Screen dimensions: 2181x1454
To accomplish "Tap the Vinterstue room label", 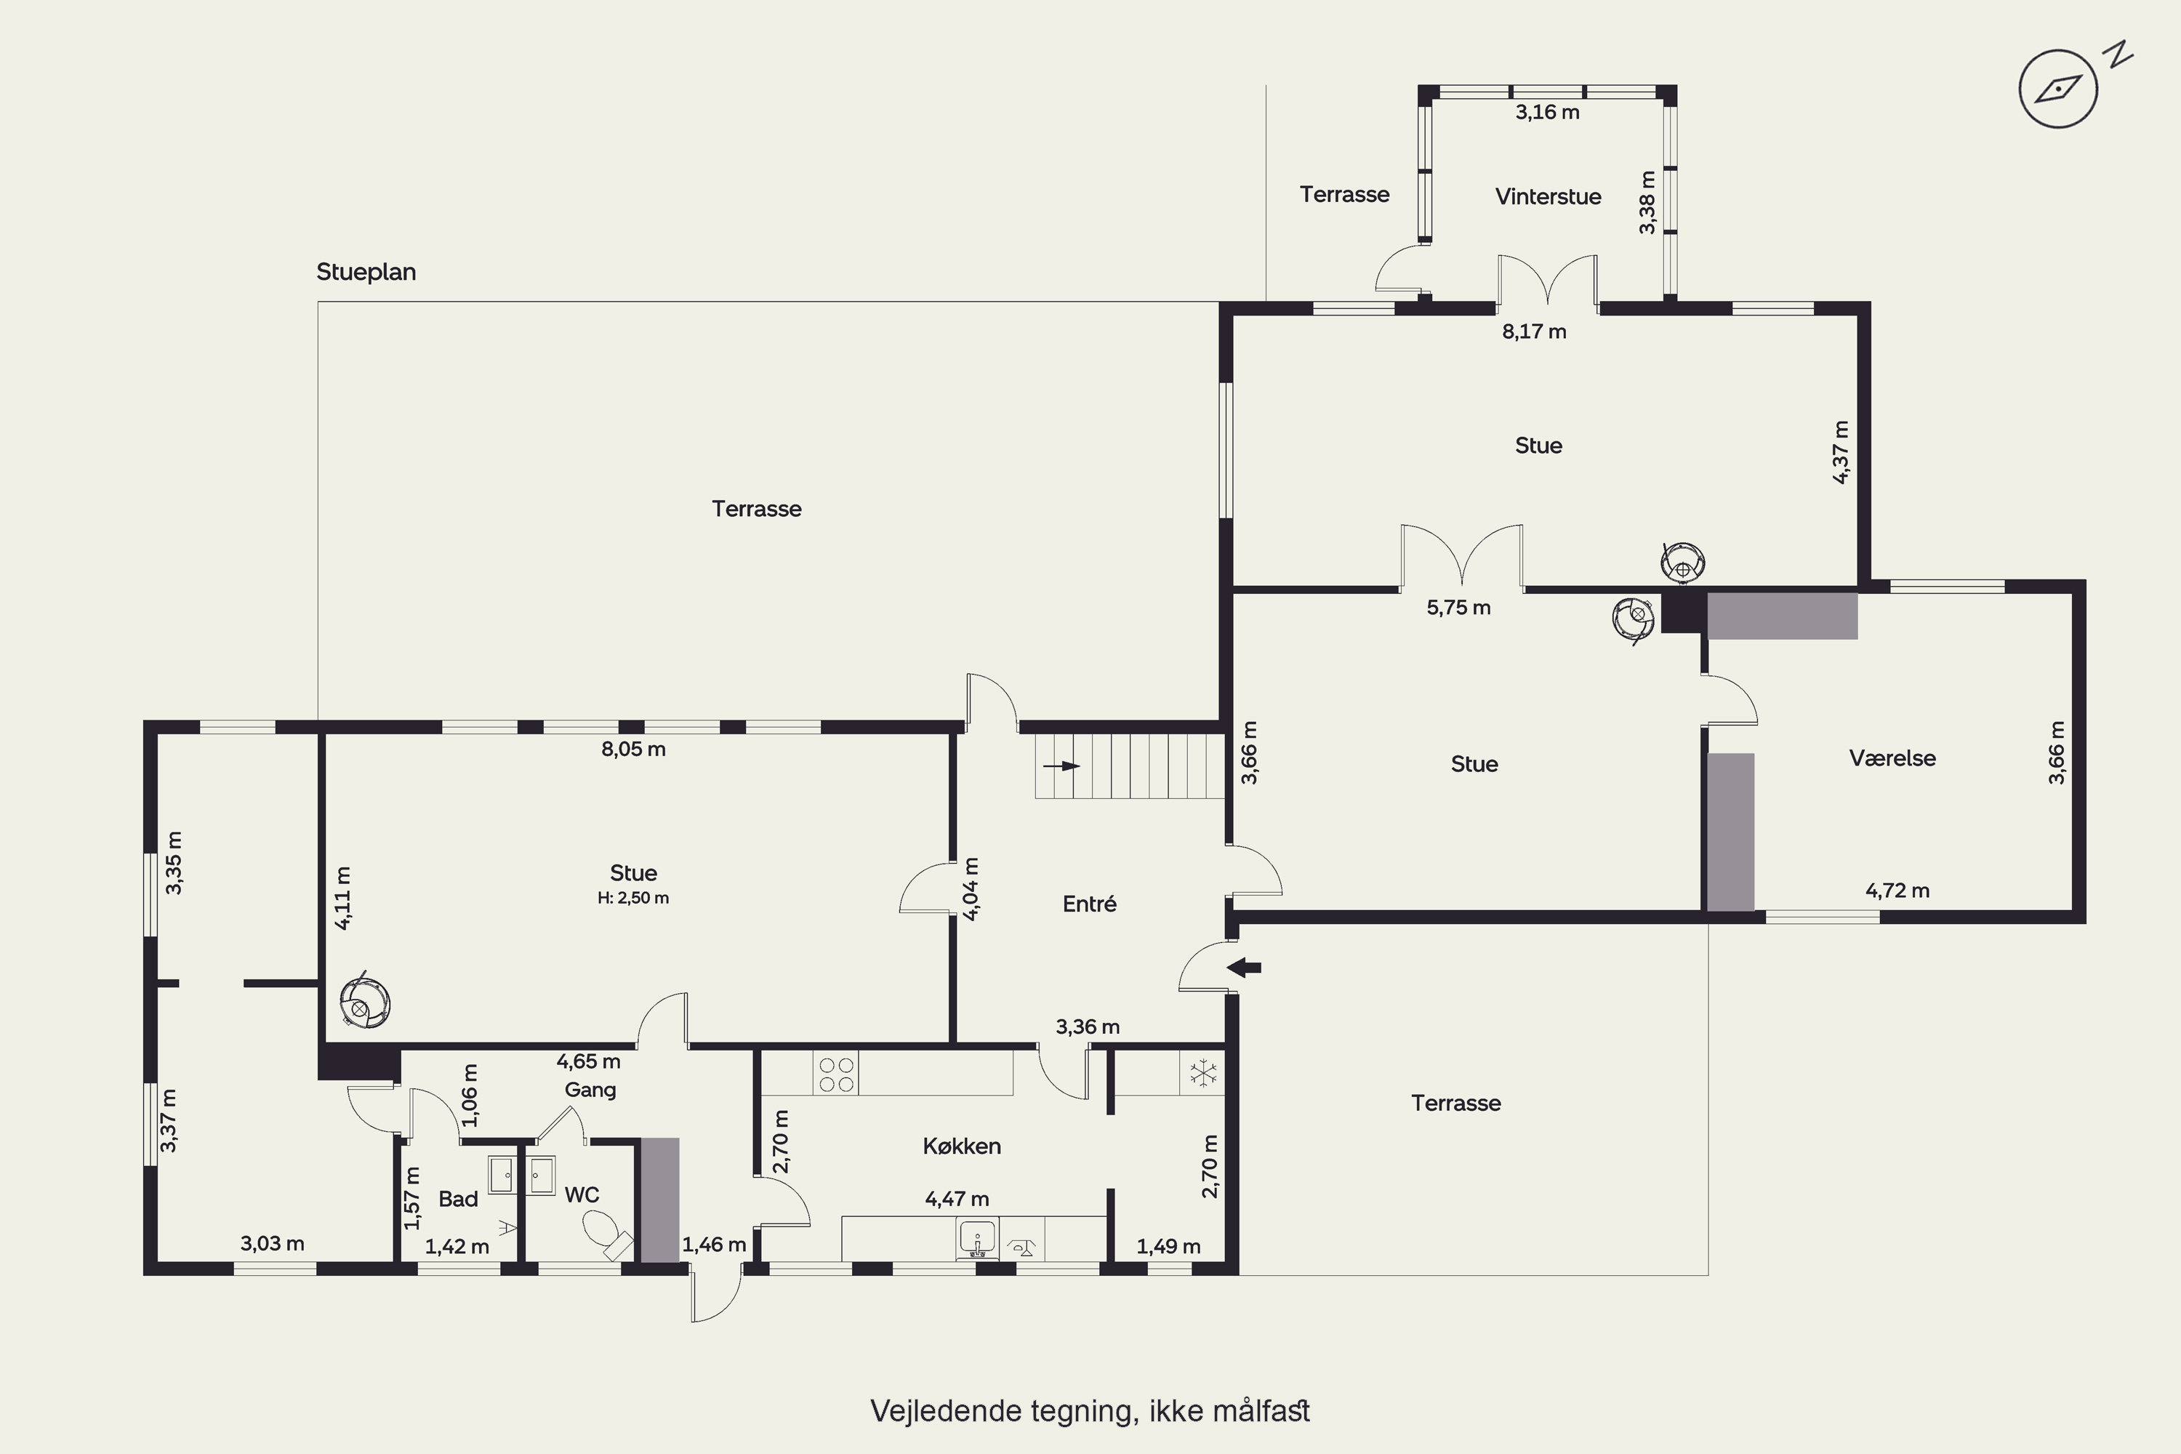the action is [1548, 196].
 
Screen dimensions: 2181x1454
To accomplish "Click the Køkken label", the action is [962, 1146].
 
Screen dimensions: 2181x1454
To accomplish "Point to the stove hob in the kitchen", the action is [835, 1073].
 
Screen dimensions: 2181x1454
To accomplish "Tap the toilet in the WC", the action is [606, 1232].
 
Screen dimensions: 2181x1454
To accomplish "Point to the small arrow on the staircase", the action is [1061, 766].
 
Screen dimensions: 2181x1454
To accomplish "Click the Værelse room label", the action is [1892, 758].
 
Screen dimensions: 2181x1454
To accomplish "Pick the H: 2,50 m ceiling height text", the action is [633, 898].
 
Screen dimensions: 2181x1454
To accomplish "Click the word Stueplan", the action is [366, 273].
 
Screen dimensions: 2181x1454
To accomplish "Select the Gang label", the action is [590, 1090].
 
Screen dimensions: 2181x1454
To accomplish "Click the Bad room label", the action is [458, 1199].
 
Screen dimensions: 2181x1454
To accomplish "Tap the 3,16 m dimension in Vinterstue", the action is [1547, 112].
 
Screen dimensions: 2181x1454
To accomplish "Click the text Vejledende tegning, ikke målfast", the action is [1090, 1411].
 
